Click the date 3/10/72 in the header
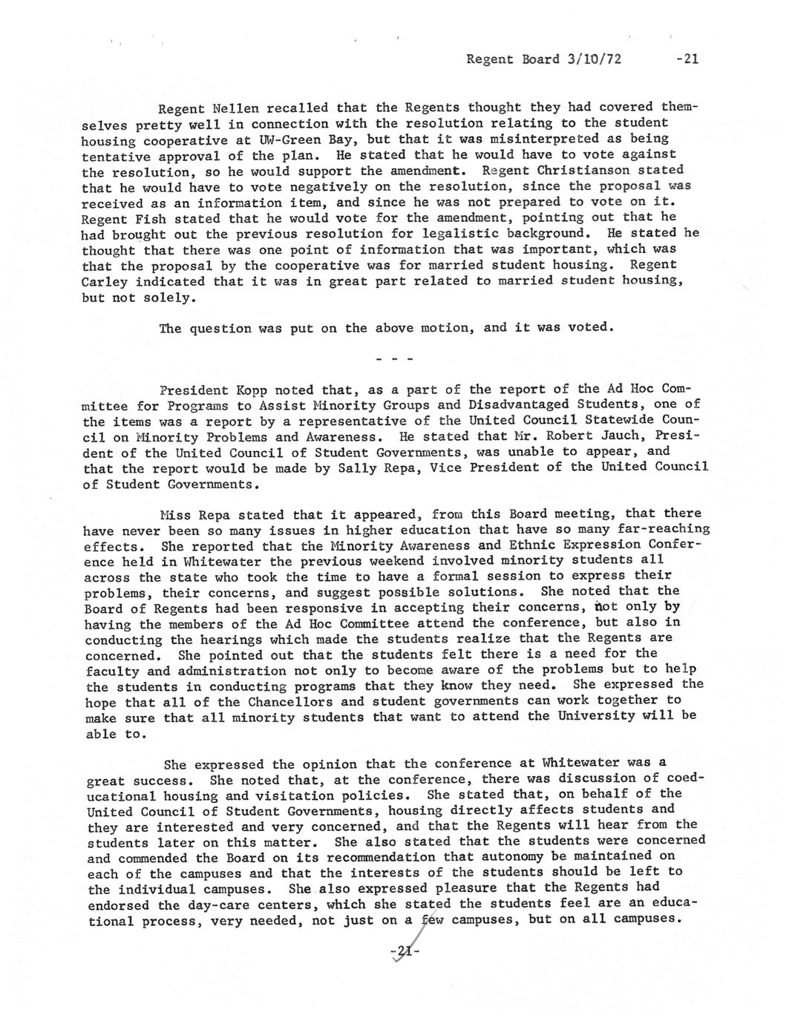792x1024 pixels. click(x=594, y=59)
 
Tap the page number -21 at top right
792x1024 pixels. click(x=687, y=59)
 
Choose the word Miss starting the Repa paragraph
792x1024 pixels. click(x=175, y=514)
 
